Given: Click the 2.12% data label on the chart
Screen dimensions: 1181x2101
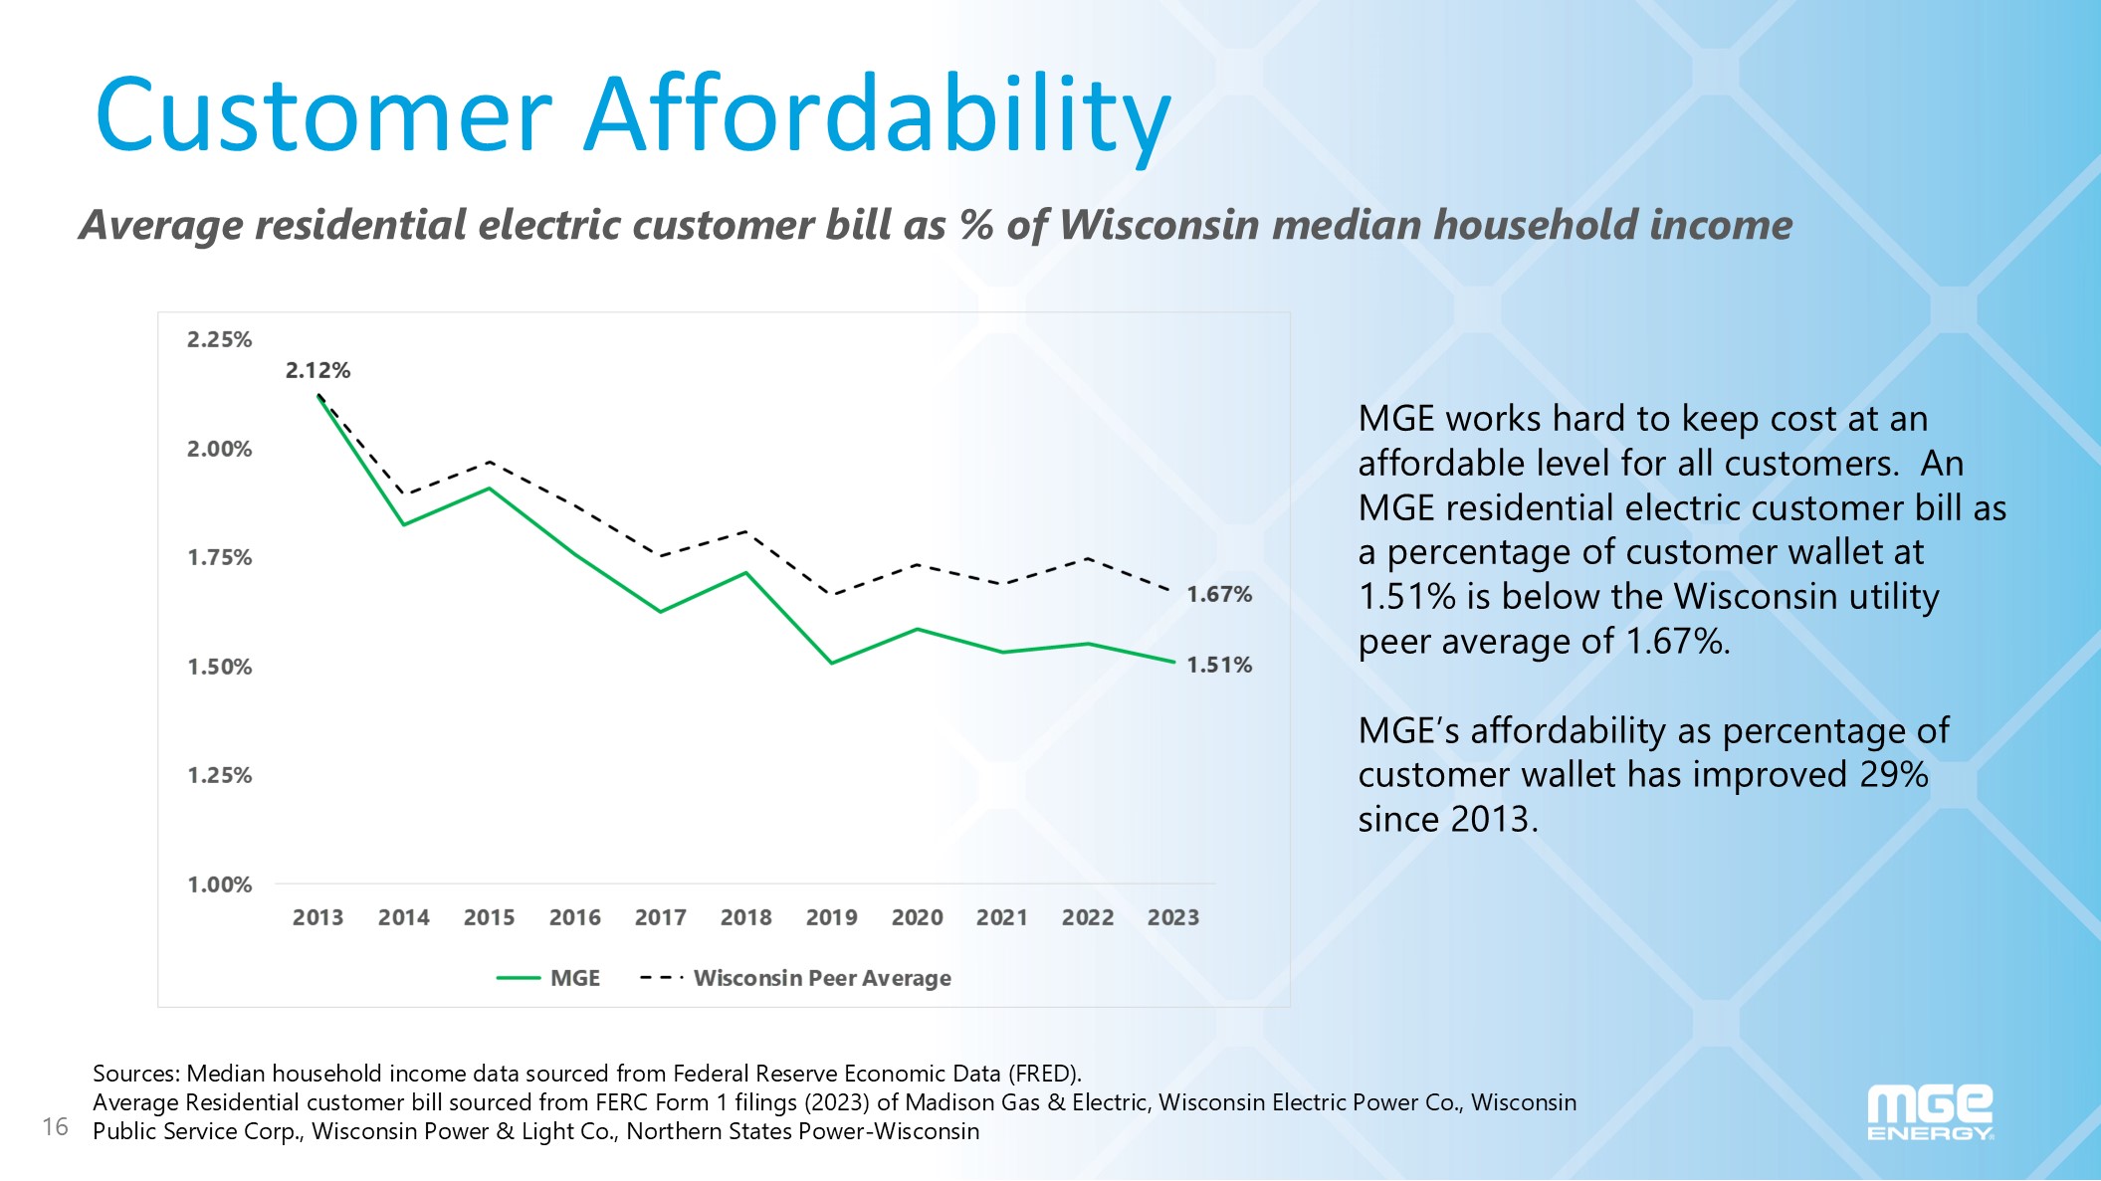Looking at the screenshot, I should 317,370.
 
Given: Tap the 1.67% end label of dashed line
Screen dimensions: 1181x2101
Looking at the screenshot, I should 1218,594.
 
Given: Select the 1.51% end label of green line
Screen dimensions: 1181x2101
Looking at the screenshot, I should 1218,665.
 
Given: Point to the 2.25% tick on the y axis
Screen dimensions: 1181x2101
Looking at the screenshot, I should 220,339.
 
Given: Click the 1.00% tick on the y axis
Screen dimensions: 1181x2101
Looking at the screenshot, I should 220,885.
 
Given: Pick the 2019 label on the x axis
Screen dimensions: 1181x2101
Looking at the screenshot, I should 831,917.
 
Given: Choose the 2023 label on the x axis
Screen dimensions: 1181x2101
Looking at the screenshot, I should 1172,917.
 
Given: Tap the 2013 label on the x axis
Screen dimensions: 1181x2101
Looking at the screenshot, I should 317,917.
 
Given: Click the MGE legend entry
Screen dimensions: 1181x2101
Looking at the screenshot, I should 574,978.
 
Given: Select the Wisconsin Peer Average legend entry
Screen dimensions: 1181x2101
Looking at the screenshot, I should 821,978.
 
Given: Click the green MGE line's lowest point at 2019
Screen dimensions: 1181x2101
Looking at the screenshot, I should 831,663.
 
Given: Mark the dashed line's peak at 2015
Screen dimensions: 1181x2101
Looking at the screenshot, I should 490,462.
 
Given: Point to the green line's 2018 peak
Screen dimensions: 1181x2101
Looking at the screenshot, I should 745,573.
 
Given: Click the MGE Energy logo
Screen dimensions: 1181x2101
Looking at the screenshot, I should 1929,1112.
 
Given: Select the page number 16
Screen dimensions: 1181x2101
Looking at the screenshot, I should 55,1126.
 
